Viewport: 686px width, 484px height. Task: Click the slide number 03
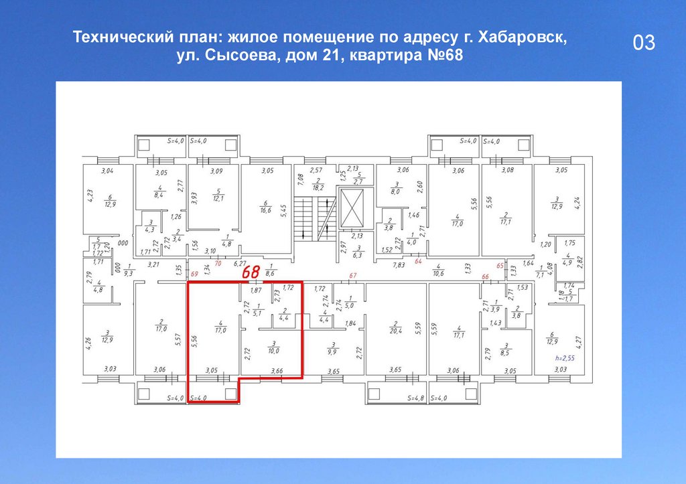tap(643, 44)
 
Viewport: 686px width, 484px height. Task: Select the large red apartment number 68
tap(251, 272)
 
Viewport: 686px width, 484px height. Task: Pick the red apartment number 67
tap(353, 276)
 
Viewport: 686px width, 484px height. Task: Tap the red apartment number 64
tap(419, 262)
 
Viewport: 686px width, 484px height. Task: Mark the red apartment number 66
tap(485, 276)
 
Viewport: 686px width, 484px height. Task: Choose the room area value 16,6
tap(265, 211)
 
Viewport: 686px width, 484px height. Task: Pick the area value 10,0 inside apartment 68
tap(273, 349)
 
